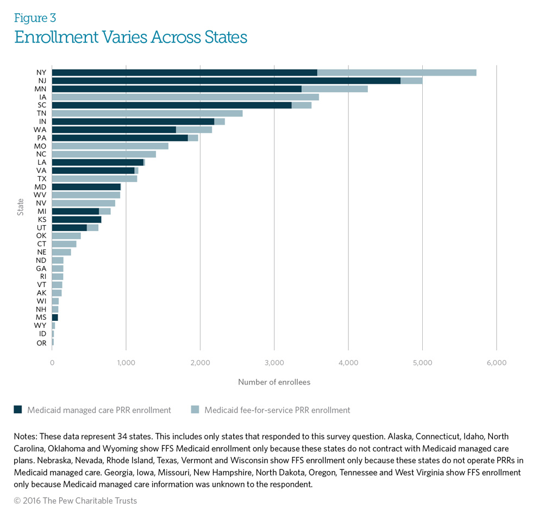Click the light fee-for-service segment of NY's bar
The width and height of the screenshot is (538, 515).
point(397,73)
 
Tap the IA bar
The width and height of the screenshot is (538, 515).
point(185,97)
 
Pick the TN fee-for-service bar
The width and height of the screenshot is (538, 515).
point(147,113)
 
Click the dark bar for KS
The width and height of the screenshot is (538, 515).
point(77,220)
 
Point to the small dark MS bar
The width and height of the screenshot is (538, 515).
point(55,318)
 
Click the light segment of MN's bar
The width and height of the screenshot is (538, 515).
point(334,89)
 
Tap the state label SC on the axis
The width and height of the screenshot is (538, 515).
point(41,105)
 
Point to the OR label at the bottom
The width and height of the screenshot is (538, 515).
point(41,343)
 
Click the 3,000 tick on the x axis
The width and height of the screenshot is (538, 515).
point(274,363)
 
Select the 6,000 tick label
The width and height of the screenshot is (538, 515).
point(496,363)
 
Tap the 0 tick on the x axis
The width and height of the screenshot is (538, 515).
point(52,363)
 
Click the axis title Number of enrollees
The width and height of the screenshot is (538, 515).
point(274,382)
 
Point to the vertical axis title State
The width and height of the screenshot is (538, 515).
point(21,207)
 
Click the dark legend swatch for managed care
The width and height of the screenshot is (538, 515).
point(18,410)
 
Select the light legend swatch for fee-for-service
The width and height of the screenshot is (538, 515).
point(195,410)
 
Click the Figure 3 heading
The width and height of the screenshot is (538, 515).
point(35,18)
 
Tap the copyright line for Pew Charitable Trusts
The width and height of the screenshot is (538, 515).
point(76,501)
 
